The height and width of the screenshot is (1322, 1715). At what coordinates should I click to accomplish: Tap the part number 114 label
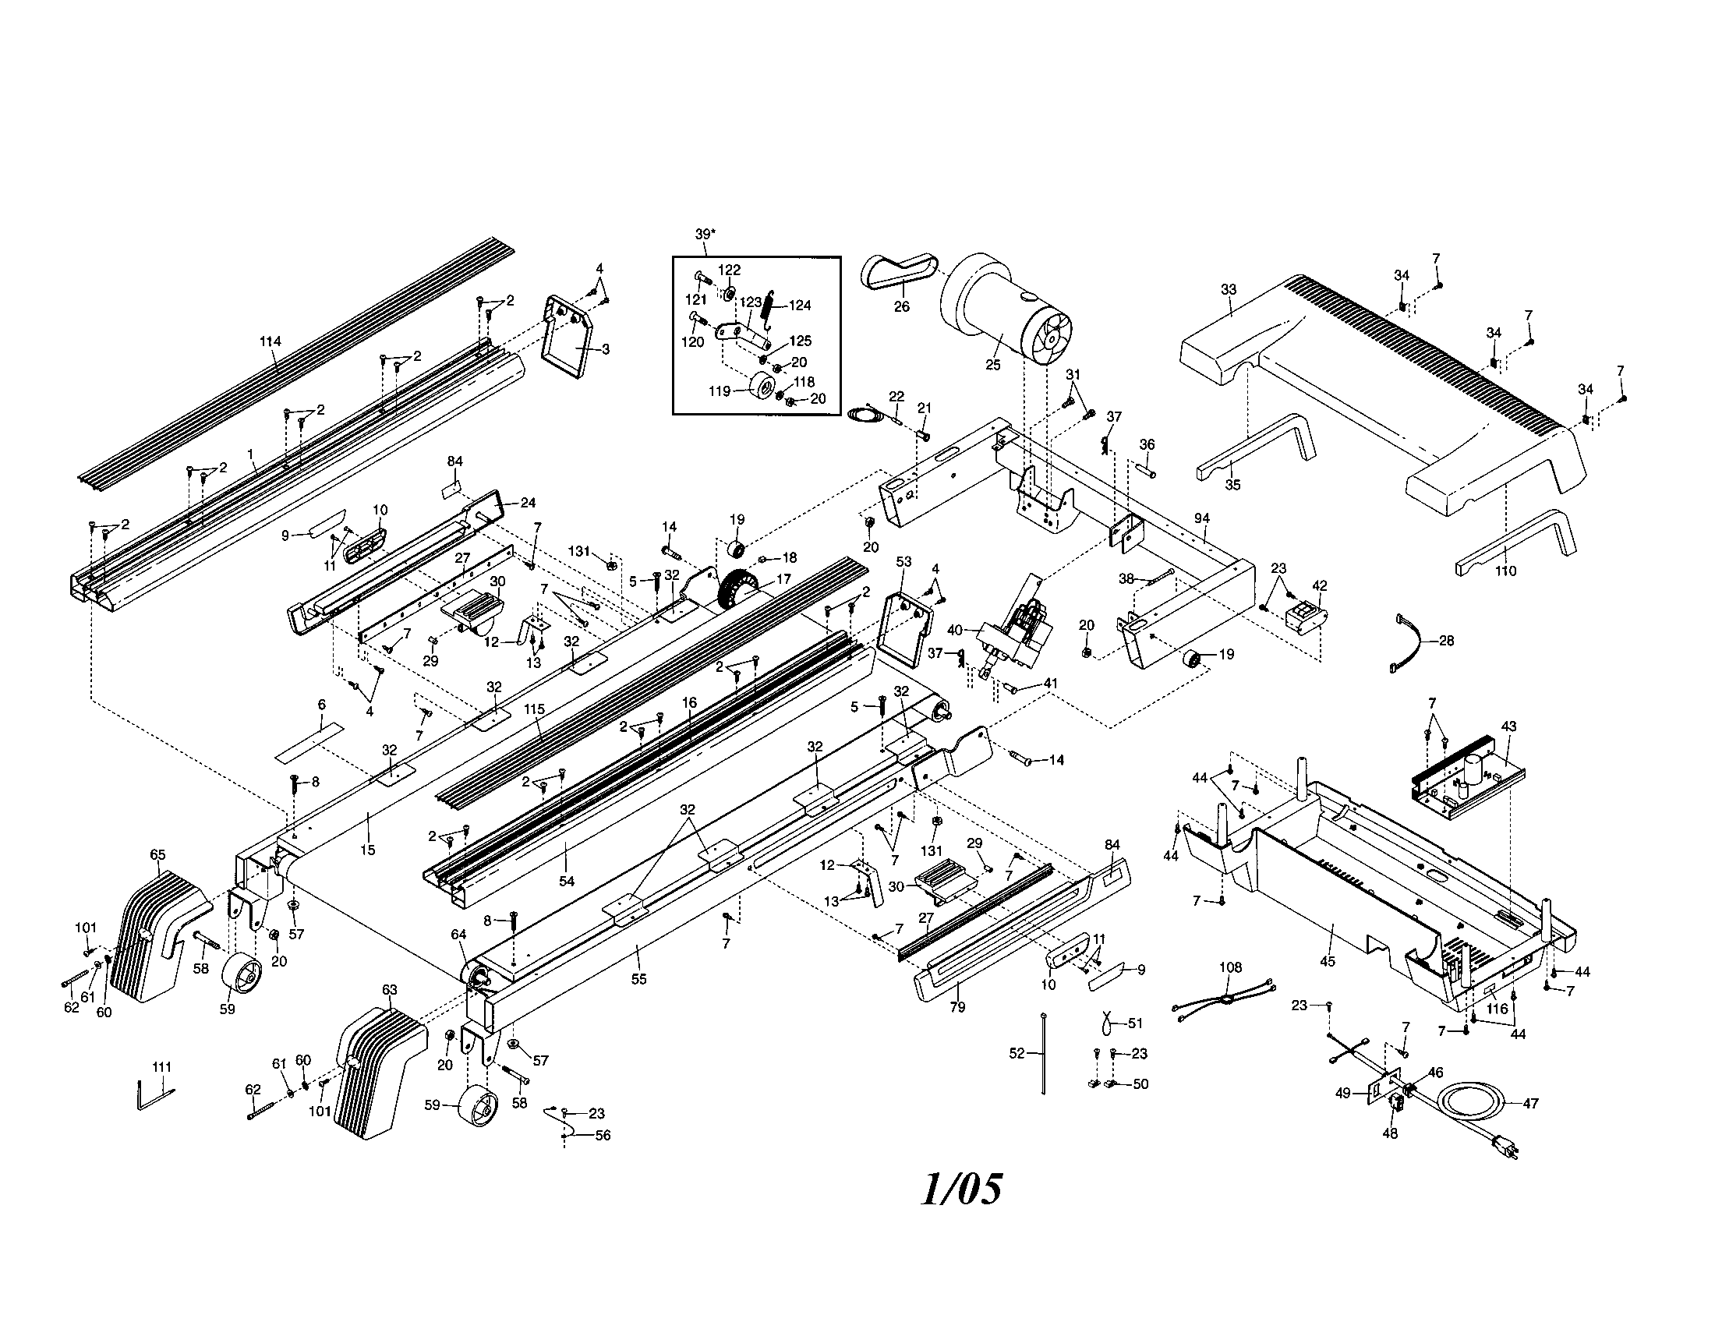(271, 341)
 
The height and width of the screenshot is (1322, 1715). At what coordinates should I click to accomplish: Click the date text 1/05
(961, 1189)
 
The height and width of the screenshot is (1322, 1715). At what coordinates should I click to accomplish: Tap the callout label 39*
(705, 234)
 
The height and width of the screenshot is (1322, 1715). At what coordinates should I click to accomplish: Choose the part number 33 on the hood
(1229, 290)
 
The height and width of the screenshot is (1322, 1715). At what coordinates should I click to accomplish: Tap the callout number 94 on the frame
(1201, 518)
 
